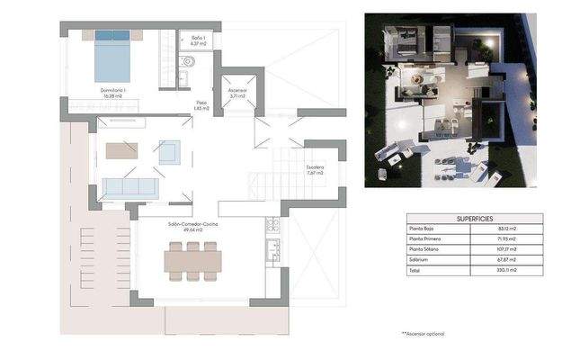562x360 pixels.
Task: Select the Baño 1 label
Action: coord(199,38)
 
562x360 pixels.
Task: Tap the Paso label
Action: coord(202,103)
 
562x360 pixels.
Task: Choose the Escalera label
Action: coord(314,167)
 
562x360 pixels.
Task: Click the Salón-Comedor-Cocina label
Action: coord(192,224)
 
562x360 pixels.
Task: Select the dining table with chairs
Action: coord(192,261)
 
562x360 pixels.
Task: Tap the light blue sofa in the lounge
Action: coord(130,188)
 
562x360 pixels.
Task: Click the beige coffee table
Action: coord(120,151)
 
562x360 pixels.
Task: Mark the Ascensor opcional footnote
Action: coord(423,334)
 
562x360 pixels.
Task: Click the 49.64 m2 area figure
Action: coord(192,230)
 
